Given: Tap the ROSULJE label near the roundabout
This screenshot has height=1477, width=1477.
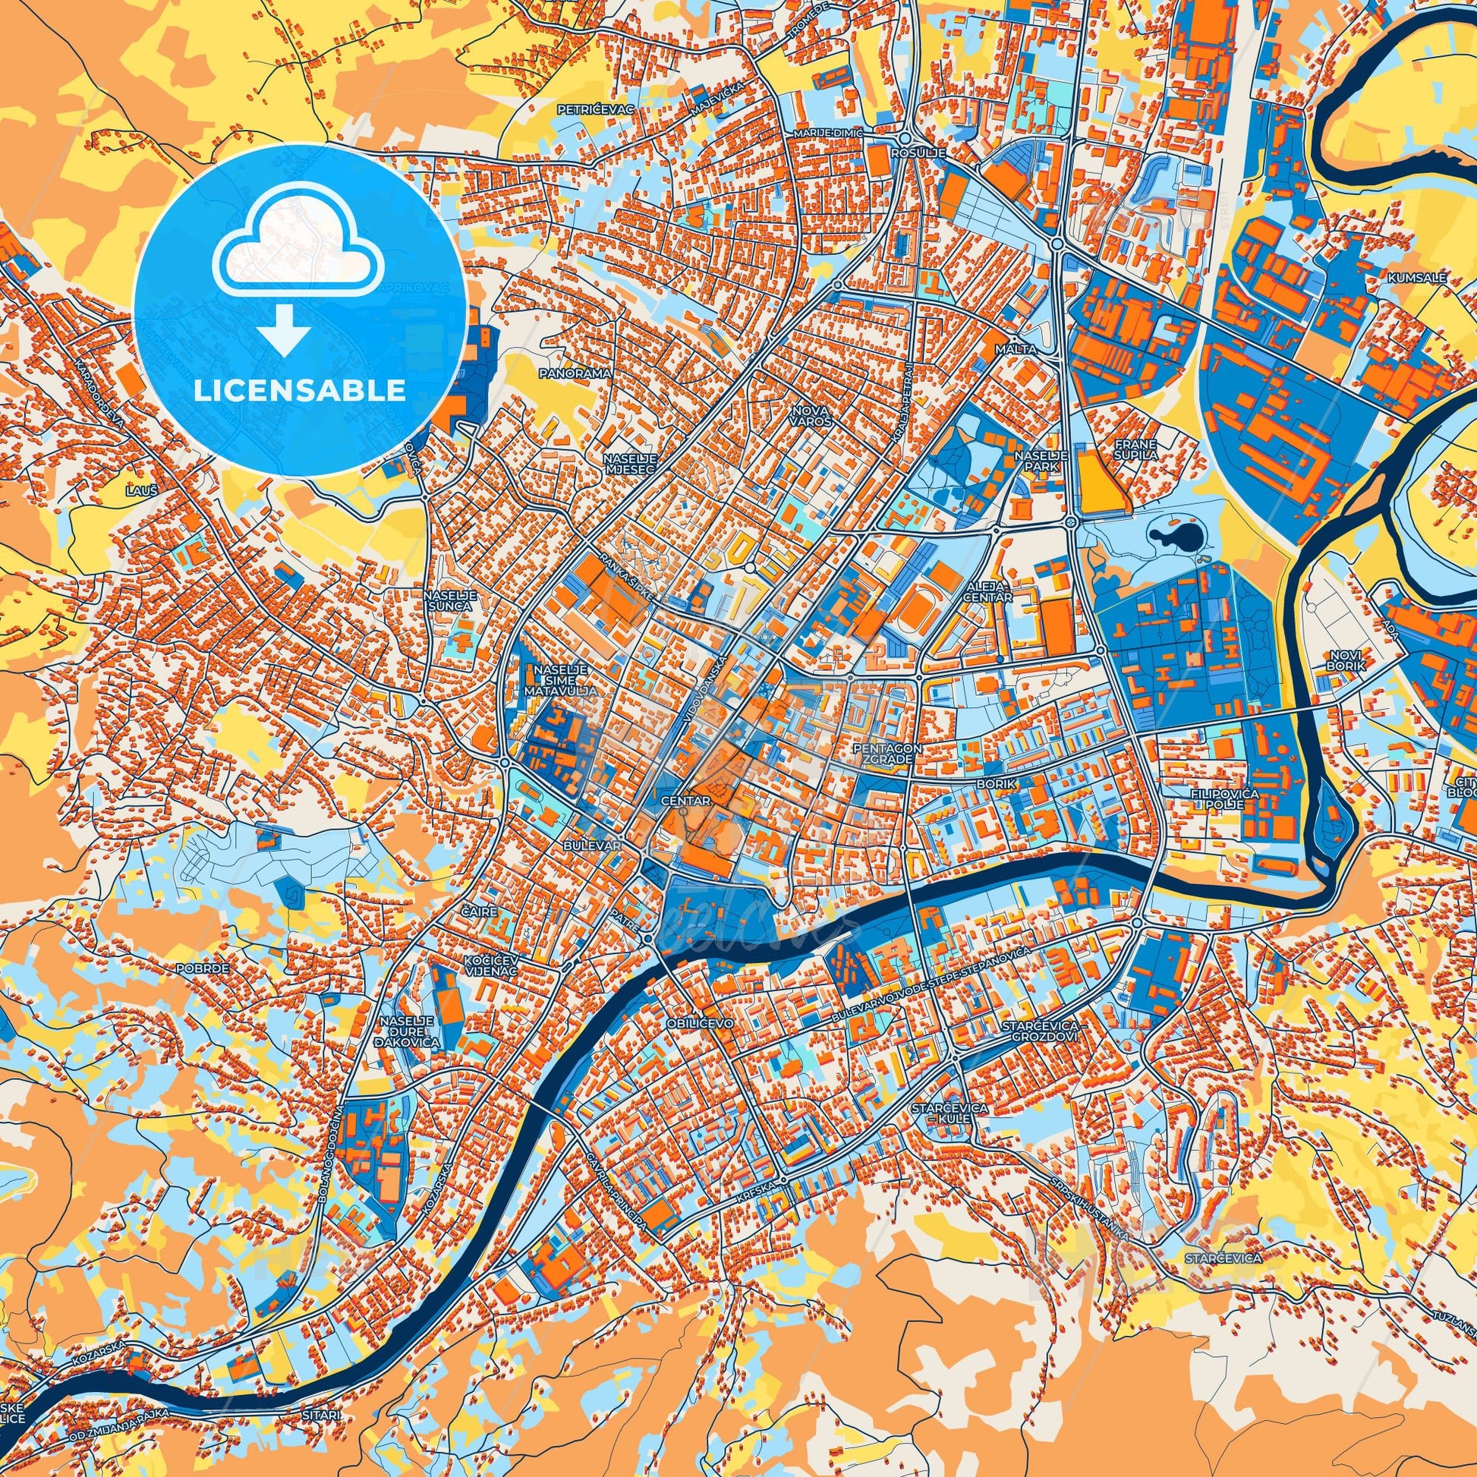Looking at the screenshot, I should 925,153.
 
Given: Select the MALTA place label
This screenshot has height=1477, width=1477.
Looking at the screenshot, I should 1016,349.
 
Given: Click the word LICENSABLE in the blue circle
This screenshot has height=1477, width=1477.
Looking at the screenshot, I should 300,390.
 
